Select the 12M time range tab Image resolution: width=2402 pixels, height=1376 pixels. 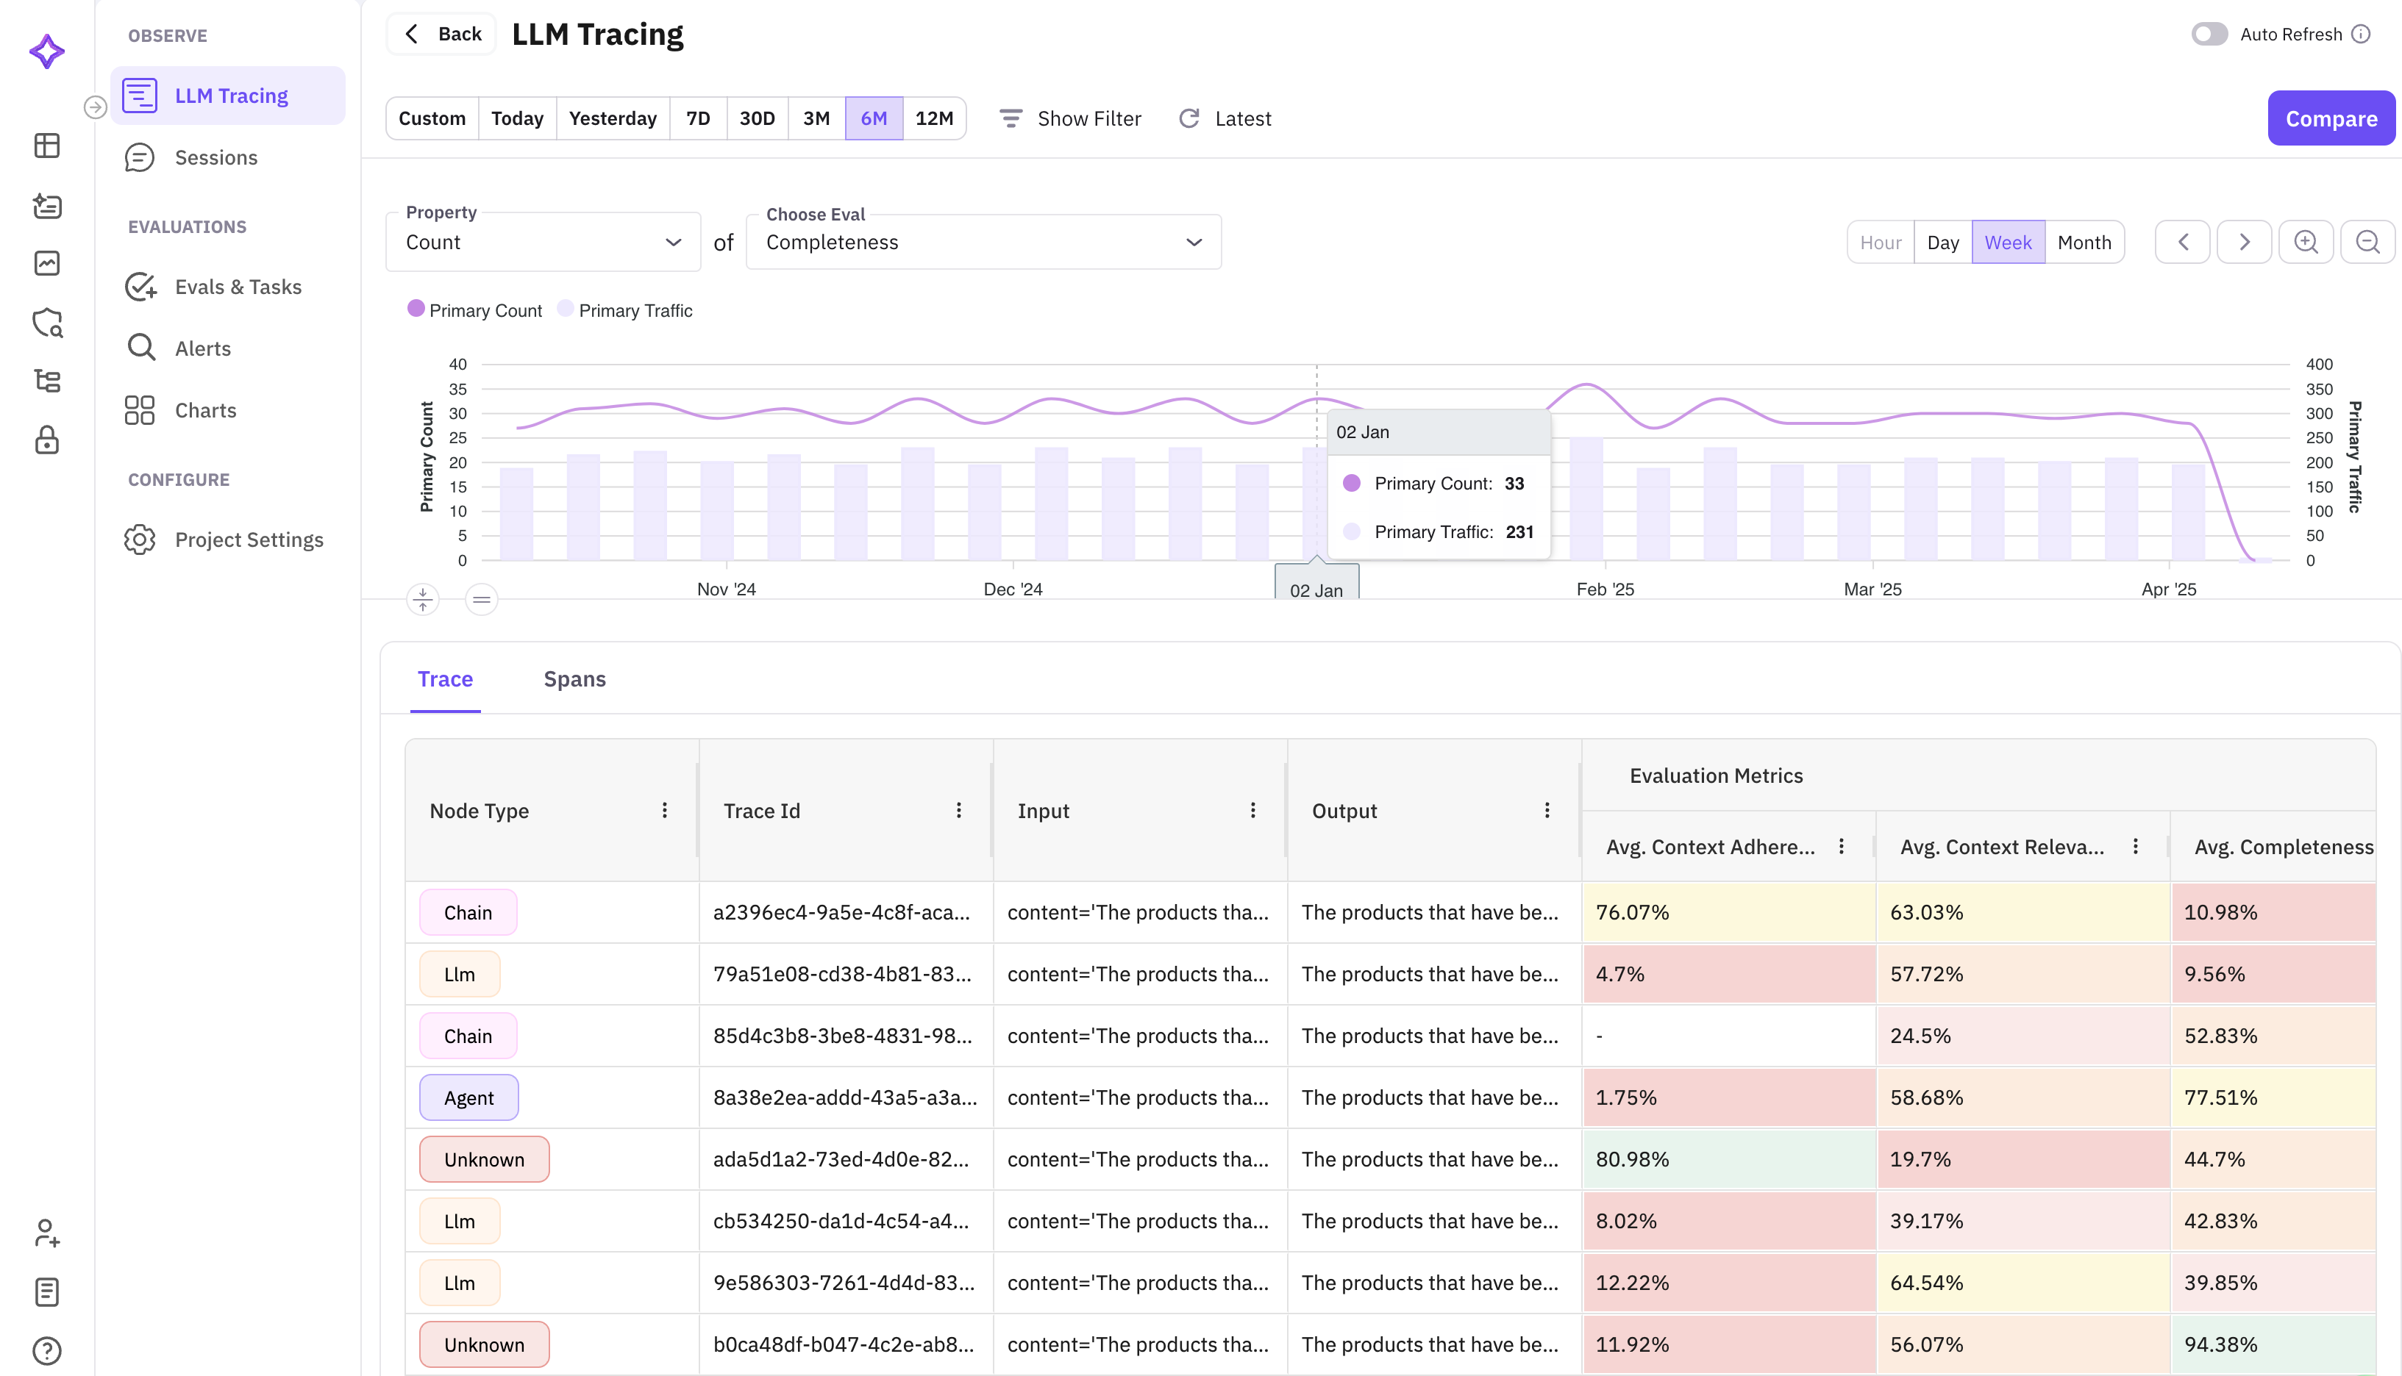click(933, 118)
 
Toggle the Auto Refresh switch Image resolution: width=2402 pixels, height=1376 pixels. click(2209, 34)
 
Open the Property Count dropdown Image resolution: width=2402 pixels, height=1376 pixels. click(543, 242)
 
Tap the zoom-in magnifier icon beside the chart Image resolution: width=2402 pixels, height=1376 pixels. click(2305, 242)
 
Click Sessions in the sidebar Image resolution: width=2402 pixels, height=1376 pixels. click(215, 158)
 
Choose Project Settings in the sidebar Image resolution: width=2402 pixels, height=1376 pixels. click(249, 540)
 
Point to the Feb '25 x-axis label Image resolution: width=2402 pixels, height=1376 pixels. click(1604, 589)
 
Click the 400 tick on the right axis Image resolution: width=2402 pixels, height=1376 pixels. click(2318, 364)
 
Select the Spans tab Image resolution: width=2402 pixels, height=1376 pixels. click(574, 678)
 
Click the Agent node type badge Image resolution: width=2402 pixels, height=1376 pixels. click(469, 1097)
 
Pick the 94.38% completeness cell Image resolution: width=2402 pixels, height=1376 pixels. click(2272, 1344)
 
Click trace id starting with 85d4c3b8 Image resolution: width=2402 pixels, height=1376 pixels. click(841, 1036)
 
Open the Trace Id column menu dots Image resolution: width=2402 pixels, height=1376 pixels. click(958, 810)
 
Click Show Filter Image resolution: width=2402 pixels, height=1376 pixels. click(1070, 118)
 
